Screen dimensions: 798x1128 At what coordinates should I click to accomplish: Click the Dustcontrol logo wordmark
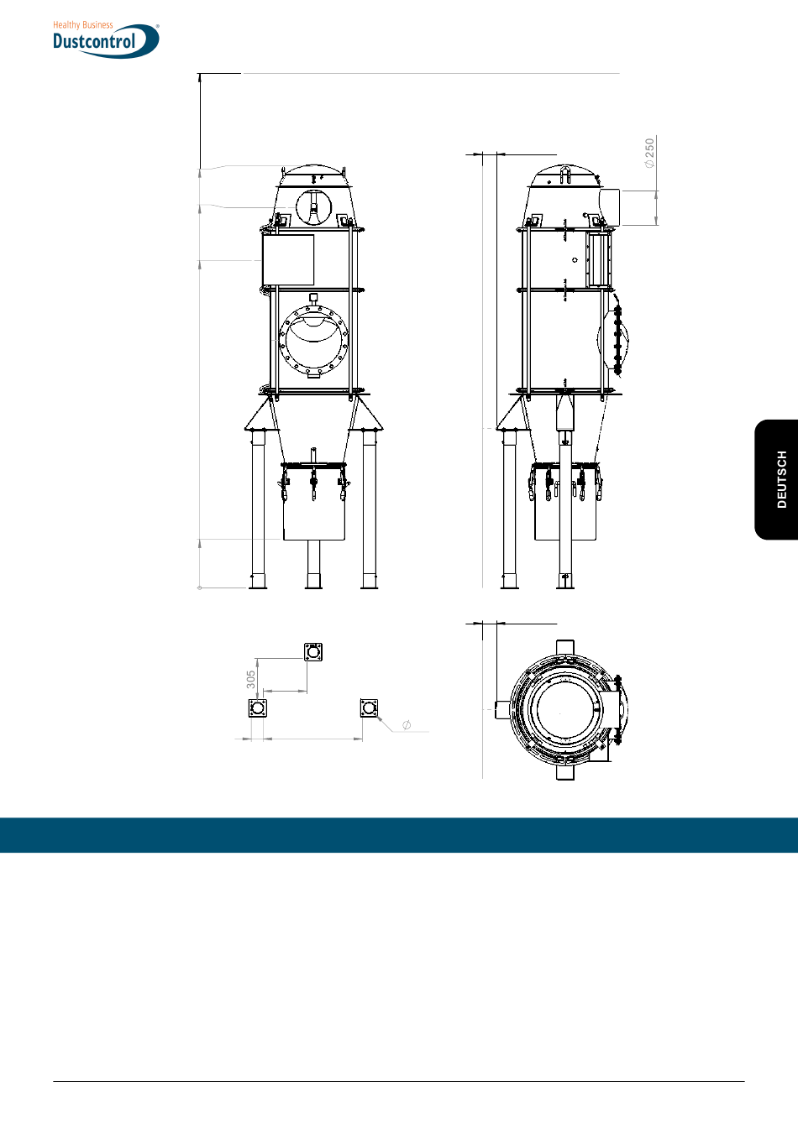[94, 41]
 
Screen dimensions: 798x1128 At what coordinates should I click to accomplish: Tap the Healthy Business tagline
[83, 24]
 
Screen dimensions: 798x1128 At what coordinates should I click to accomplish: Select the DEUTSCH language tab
[781, 479]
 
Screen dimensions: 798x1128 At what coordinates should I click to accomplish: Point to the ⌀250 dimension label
[649, 153]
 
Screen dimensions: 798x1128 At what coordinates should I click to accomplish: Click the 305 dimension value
[251, 679]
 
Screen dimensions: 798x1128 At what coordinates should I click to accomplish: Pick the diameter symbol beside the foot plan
[407, 724]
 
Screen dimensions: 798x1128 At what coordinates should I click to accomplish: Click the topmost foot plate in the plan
[313, 651]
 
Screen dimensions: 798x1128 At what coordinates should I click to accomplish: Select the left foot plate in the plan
[258, 708]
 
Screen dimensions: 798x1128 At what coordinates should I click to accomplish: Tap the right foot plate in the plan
[369, 708]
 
